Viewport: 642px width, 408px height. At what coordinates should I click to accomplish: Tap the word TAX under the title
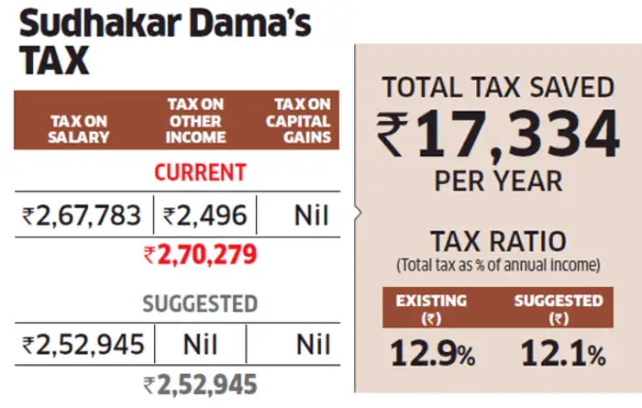pyautogui.click(x=55, y=62)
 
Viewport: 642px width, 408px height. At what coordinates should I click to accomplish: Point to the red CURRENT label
pyautogui.click(x=200, y=172)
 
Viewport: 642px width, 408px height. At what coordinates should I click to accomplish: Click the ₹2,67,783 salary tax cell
pyautogui.click(x=82, y=215)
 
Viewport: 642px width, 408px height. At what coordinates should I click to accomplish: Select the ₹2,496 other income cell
pyautogui.click(x=204, y=215)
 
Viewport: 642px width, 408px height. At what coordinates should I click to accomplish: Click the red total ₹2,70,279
pyautogui.click(x=199, y=255)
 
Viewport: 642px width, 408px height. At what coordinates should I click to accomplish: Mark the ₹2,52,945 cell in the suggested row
pyautogui.click(x=82, y=346)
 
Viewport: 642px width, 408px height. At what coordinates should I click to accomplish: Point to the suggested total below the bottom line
pyautogui.click(x=199, y=384)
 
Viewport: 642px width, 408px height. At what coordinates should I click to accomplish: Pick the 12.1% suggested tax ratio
pyautogui.click(x=563, y=353)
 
